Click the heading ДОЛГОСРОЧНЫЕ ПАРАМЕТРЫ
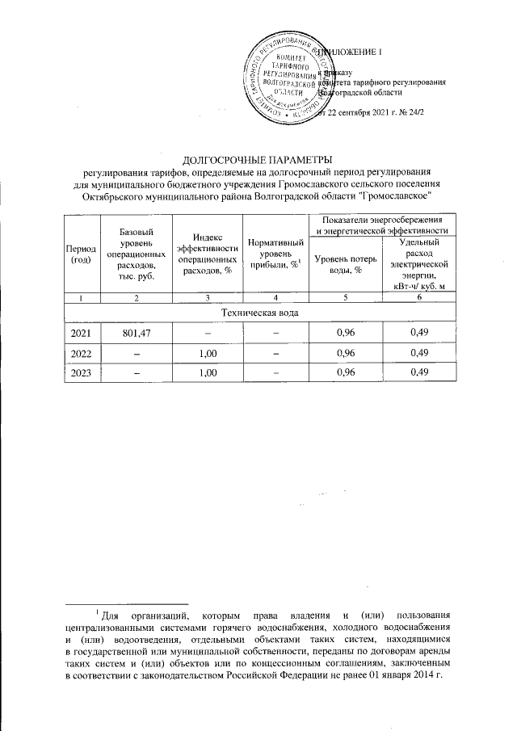pos(258,158)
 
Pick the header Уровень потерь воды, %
pos(346,263)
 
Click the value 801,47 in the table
pos(136,332)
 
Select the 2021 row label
pos(81,332)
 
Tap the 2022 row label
pos(81,352)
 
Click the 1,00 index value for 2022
pos(207,352)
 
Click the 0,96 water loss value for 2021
pos(346,332)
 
